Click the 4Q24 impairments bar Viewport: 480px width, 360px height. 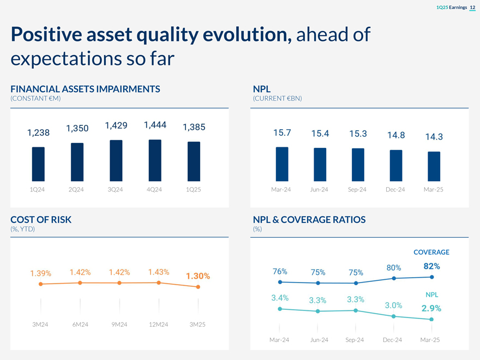point(155,159)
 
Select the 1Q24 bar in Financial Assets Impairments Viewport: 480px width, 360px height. point(38,163)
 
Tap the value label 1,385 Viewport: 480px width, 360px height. point(194,127)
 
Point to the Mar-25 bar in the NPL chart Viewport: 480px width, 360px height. point(434,165)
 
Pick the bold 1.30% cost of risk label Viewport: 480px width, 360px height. point(198,276)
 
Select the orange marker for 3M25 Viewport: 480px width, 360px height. point(198,287)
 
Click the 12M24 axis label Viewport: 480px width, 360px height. point(158,325)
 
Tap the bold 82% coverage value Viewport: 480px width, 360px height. point(431,266)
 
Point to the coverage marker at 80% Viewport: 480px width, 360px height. point(394,279)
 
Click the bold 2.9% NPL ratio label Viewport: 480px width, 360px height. point(431,308)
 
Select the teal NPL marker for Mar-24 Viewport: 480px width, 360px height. point(280,309)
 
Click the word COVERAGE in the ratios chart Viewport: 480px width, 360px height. point(431,252)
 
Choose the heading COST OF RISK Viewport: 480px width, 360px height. point(41,219)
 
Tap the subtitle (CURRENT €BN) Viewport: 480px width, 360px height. point(277,98)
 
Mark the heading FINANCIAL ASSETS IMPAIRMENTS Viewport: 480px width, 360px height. point(85,89)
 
